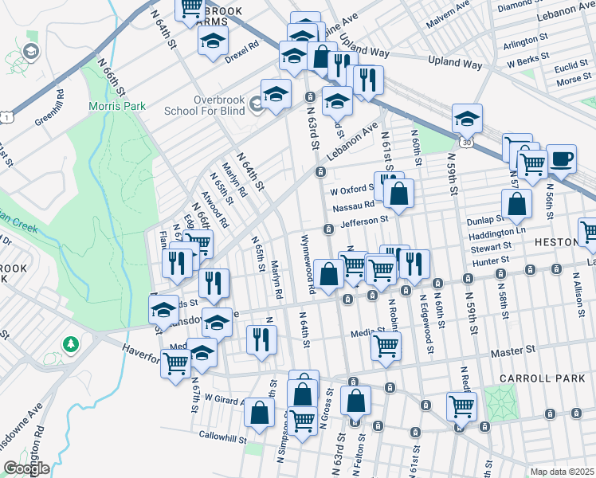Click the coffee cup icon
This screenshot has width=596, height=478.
click(x=561, y=158)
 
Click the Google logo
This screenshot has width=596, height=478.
click(x=25, y=468)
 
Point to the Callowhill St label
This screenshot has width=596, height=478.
click(x=223, y=437)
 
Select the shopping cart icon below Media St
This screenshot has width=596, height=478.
click(x=386, y=347)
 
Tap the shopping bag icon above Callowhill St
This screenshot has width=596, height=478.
click(x=259, y=412)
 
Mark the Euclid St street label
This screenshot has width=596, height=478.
click(x=571, y=69)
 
